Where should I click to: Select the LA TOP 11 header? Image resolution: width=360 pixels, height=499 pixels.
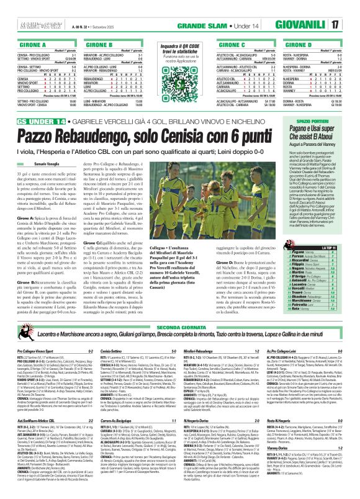(336, 230)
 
